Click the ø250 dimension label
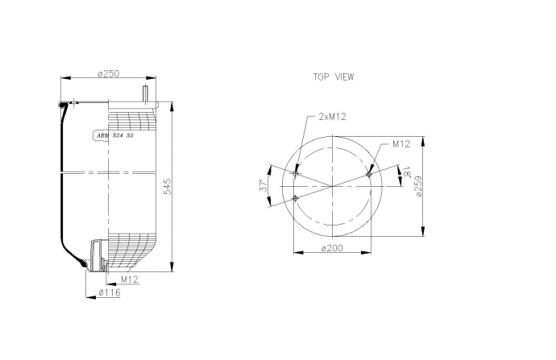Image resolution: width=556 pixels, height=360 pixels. click(x=109, y=74)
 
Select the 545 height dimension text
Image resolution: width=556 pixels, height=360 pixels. click(x=167, y=186)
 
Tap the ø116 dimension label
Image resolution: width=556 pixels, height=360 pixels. click(x=110, y=292)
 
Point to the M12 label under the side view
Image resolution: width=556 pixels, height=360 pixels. click(x=129, y=279)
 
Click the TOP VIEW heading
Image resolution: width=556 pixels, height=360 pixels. click(x=334, y=77)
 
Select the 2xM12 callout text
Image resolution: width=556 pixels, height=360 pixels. click(x=332, y=116)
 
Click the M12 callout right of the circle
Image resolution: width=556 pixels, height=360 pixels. click(x=401, y=144)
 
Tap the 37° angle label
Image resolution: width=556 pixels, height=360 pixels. click(x=263, y=186)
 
